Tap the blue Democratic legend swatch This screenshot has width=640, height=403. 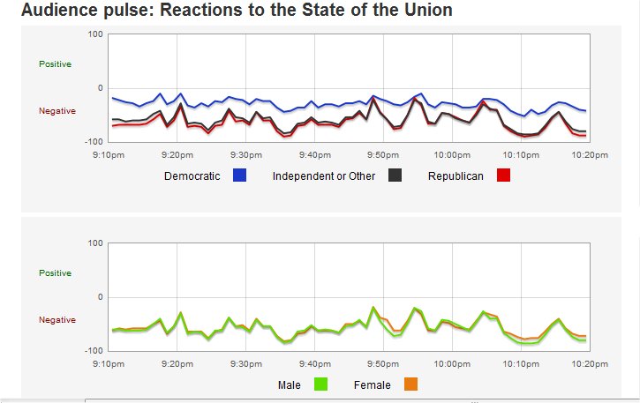click(239, 175)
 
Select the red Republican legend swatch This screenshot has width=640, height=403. click(503, 175)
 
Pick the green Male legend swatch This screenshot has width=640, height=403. click(321, 384)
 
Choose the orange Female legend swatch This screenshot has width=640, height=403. click(410, 384)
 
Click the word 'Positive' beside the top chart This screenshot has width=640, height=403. click(55, 64)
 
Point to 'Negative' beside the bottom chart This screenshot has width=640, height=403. click(57, 319)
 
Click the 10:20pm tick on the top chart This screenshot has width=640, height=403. click(590, 154)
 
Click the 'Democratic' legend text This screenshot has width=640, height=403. click(192, 176)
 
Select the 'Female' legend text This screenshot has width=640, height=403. click(372, 385)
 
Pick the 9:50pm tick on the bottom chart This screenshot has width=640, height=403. click(383, 363)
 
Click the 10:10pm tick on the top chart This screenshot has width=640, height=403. click(521, 154)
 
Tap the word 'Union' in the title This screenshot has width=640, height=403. click(429, 11)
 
